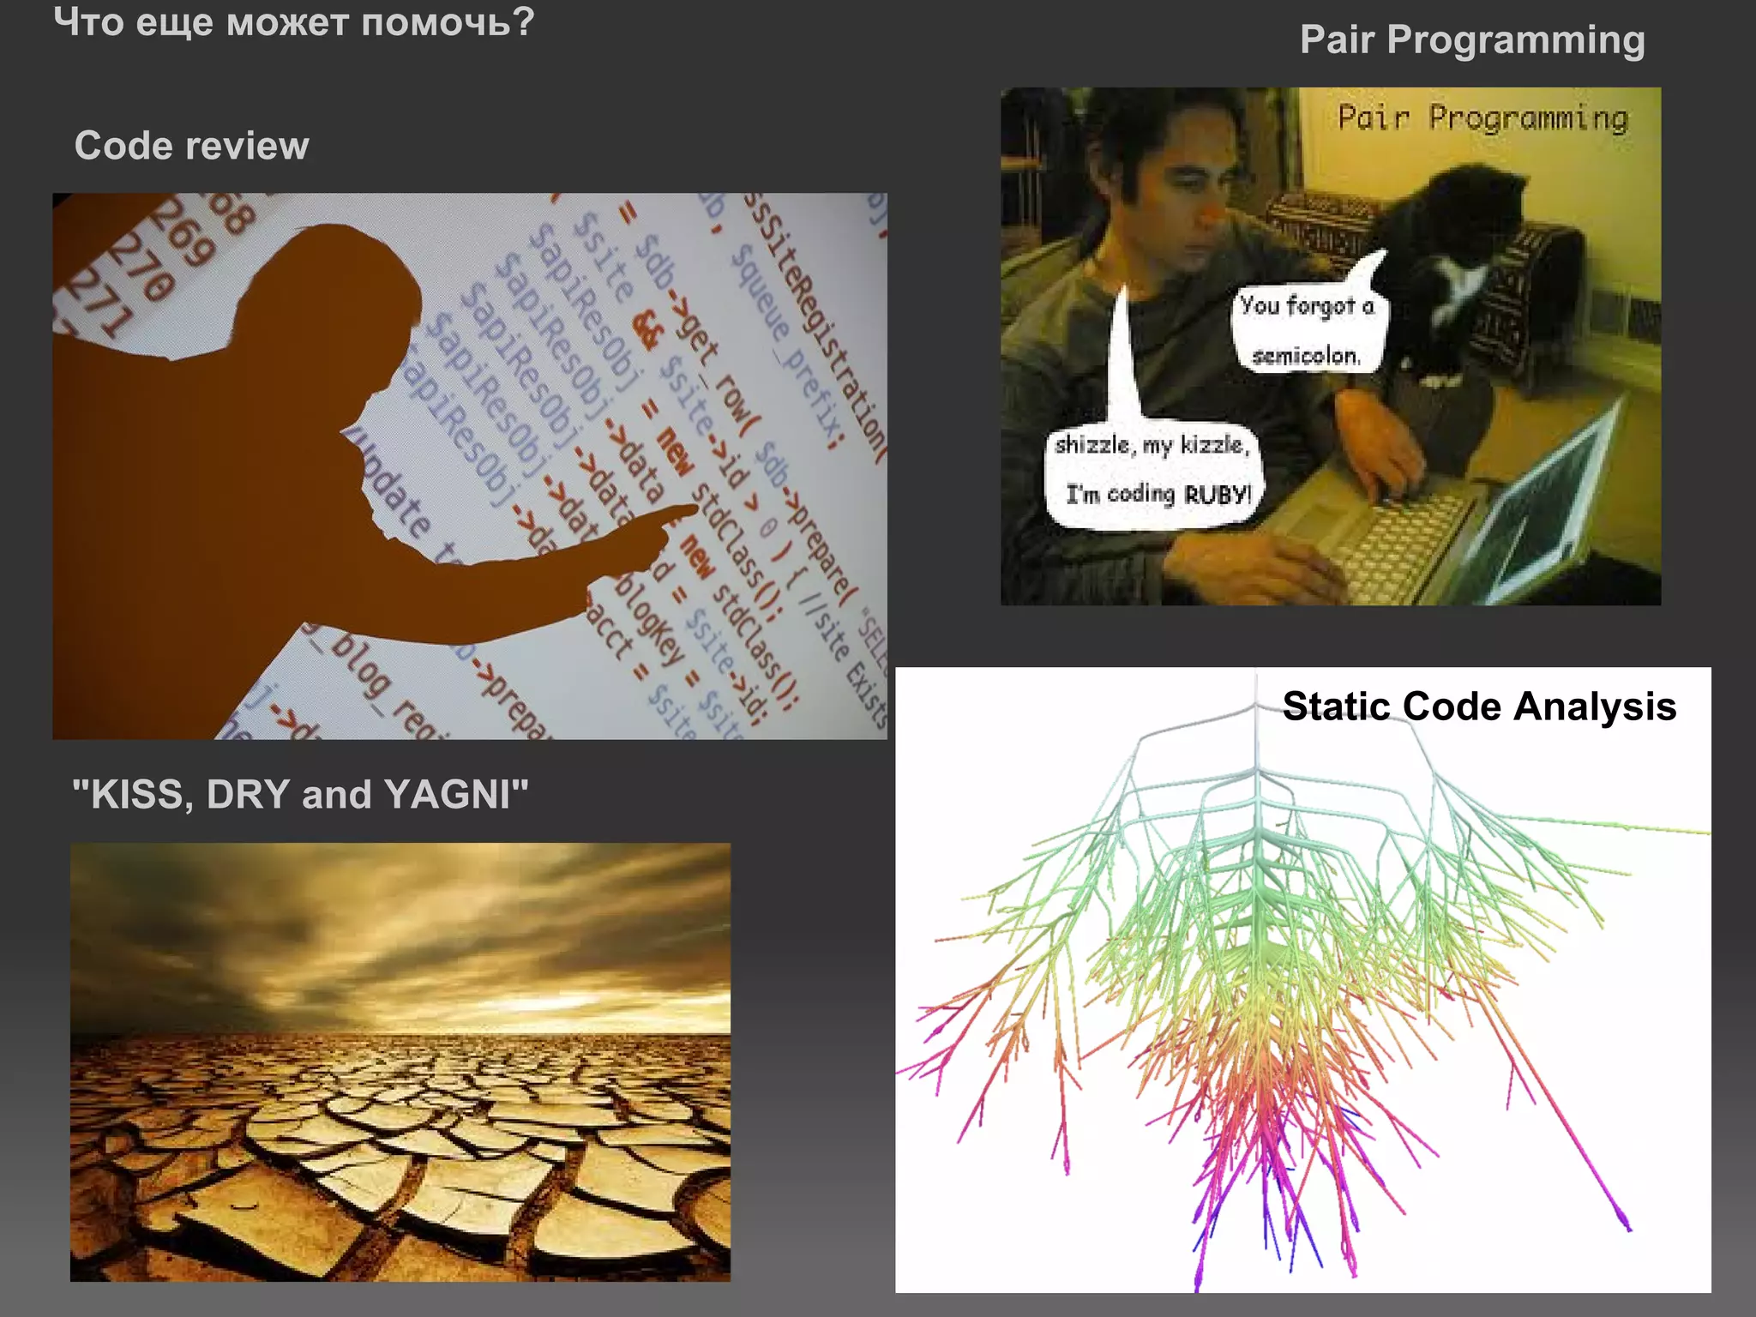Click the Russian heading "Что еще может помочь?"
point(293,22)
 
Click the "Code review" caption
point(191,146)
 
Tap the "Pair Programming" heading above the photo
point(1471,39)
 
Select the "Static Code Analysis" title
point(1478,707)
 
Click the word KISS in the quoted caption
point(136,794)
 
